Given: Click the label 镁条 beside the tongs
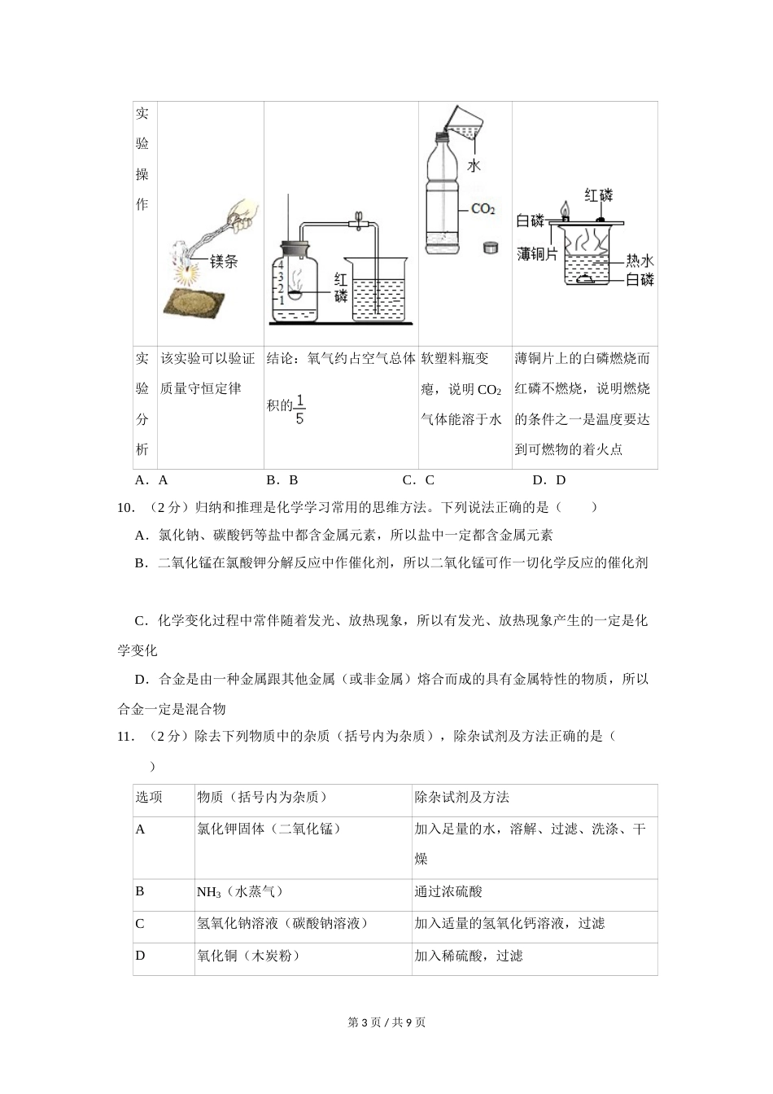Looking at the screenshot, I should [223, 262].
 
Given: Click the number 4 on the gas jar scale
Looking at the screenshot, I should [280, 265].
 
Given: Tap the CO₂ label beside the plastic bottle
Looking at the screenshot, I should [483, 209].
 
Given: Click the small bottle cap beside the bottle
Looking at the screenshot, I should [490, 246].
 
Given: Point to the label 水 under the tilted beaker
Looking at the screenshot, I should [473, 166].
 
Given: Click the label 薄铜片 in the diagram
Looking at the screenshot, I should [537, 255].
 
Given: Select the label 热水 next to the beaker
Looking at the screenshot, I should [640, 260].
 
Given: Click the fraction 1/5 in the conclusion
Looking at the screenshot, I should [299, 409].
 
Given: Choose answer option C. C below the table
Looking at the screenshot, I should [418, 480].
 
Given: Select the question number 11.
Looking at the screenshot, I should [126, 737].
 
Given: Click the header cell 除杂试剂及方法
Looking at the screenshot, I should [461, 798].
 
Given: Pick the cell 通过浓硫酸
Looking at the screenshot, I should [448, 892].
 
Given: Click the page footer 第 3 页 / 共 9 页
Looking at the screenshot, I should [386, 1022].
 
